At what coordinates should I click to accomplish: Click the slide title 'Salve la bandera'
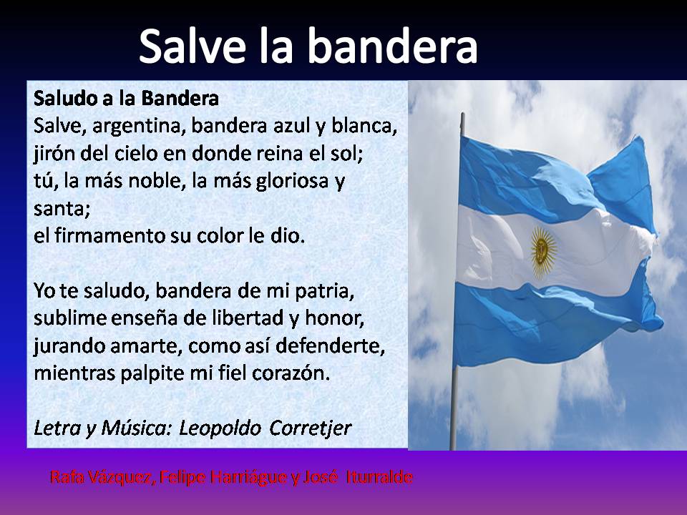308,46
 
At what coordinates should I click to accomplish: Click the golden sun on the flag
544,248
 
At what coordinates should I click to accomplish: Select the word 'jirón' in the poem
54,154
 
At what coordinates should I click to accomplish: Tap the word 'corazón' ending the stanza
293,374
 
